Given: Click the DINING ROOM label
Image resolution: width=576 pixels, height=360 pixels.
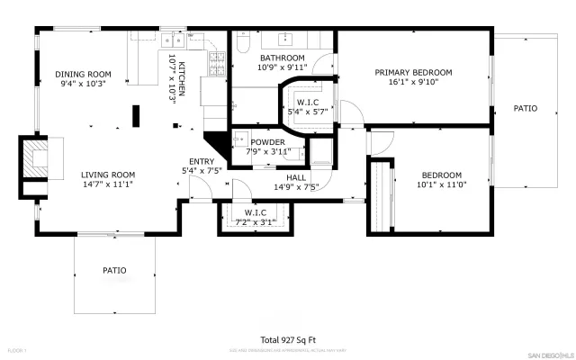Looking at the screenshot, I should click(x=83, y=74).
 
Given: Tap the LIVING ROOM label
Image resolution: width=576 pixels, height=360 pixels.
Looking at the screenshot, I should click(x=107, y=175).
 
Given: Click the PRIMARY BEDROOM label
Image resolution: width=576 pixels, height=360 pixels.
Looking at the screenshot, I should click(x=413, y=72).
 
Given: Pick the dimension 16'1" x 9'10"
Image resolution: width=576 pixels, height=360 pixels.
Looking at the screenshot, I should click(x=413, y=83).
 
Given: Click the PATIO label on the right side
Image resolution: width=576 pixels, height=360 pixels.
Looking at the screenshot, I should click(x=525, y=108).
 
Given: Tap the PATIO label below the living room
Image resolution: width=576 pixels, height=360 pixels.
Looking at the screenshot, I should click(x=114, y=270).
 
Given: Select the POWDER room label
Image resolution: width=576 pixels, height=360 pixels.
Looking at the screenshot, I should click(x=267, y=142).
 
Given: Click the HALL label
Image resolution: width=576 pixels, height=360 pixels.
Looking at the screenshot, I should click(x=296, y=178).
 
